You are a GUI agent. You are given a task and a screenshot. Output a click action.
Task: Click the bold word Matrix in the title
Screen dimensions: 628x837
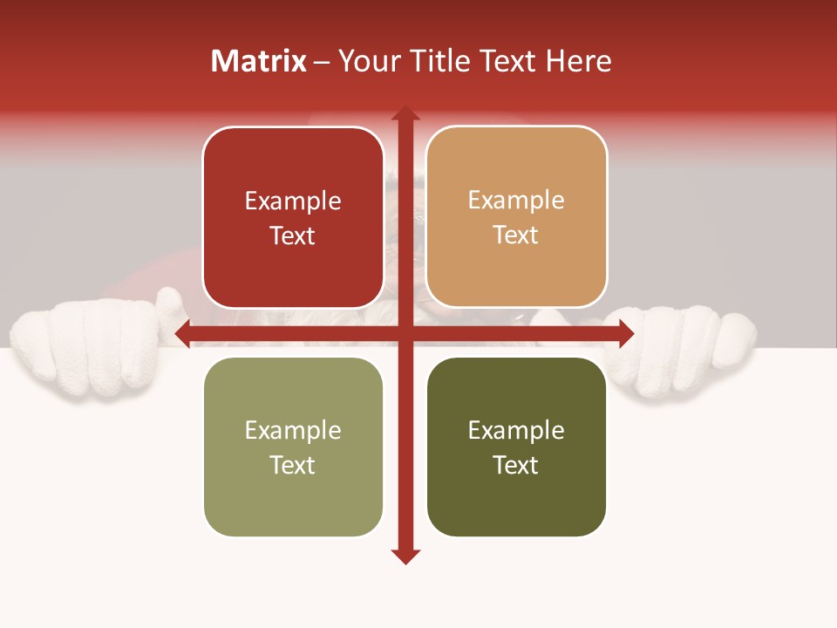click(x=258, y=61)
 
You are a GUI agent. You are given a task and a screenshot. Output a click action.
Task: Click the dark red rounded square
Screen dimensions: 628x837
click(x=293, y=217)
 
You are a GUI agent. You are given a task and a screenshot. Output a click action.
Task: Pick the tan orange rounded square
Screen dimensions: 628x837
click(x=516, y=217)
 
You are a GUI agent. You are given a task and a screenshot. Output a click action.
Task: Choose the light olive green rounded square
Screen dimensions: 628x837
click(x=293, y=447)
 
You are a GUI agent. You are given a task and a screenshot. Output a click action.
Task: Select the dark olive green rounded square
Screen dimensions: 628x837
click(x=516, y=447)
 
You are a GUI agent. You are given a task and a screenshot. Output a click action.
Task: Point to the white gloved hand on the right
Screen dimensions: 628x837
click(x=689, y=349)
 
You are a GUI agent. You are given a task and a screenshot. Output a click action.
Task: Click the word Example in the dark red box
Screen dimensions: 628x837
click(x=293, y=201)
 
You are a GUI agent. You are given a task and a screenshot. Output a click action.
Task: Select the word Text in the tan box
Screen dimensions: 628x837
click(x=516, y=235)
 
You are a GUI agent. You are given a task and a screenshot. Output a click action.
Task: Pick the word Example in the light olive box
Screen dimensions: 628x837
click(x=293, y=430)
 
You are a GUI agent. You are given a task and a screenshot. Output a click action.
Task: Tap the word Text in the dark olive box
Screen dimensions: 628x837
click(x=516, y=465)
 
